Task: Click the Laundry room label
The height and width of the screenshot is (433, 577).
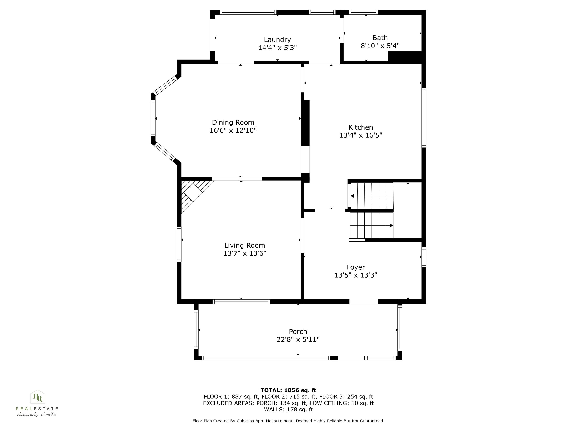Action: pyautogui.click(x=277, y=40)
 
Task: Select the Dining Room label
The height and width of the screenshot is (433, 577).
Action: pyautogui.click(x=233, y=122)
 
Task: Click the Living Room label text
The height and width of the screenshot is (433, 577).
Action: pyautogui.click(x=244, y=245)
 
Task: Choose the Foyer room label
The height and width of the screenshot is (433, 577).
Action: pyautogui.click(x=356, y=267)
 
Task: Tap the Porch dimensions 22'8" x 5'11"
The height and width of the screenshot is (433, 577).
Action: pyautogui.click(x=298, y=339)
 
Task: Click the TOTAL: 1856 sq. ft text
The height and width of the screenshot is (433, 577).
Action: pyautogui.click(x=288, y=390)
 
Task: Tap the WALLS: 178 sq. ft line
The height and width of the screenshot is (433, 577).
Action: pyautogui.click(x=288, y=410)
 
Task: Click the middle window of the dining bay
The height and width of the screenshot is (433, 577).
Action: pyautogui.click(x=153, y=118)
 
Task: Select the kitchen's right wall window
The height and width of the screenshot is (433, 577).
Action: pyautogui.click(x=424, y=117)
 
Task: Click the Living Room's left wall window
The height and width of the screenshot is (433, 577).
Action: pyautogui.click(x=179, y=244)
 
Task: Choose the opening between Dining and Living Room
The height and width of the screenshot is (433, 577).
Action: pyautogui.click(x=237, y=179)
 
